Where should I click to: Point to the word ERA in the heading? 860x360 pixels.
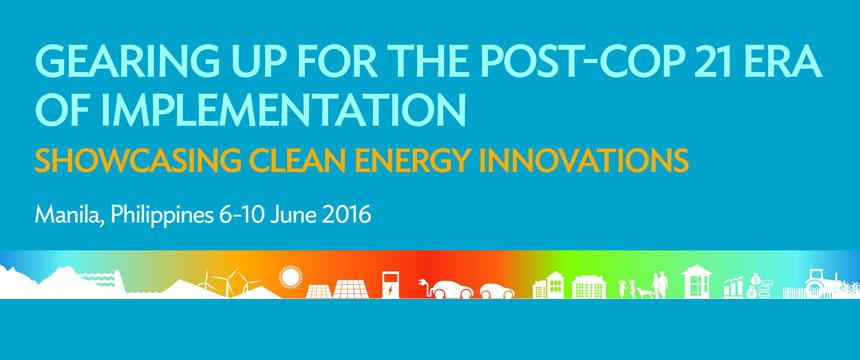(785, 67)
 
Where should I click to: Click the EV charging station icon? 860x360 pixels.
(388, 284)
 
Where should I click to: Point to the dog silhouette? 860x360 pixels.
(642, 291)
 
